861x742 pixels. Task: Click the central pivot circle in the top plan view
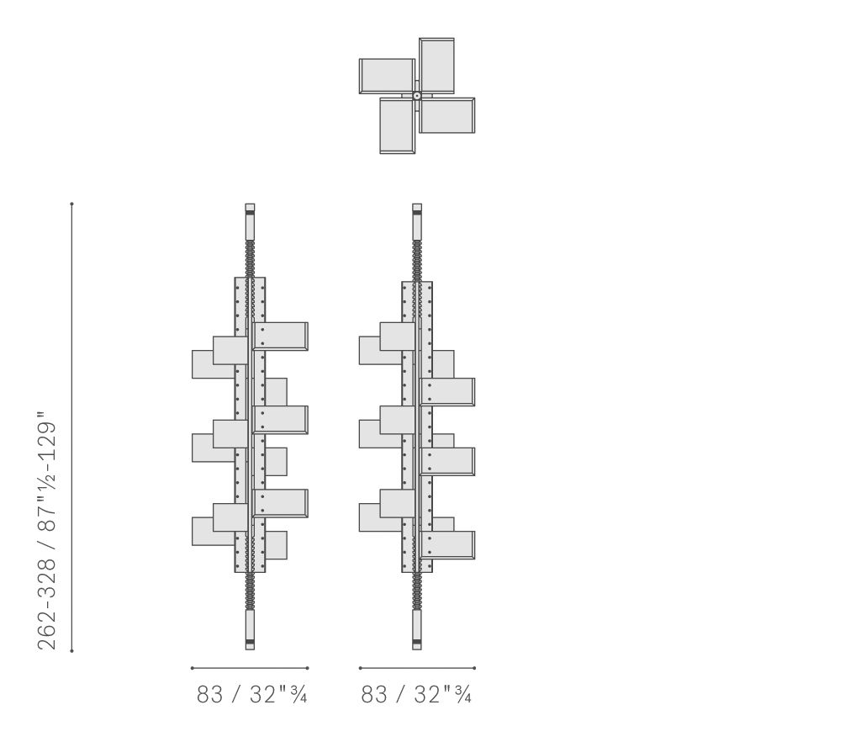click(x=417, y=96)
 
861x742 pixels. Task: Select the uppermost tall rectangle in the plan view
click(x=436, y=66)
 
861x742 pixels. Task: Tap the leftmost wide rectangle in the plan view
click(x=387, y=76)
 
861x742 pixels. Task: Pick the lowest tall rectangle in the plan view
click(x=397, y=126)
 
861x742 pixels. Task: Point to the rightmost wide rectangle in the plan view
click(x=447, y=115)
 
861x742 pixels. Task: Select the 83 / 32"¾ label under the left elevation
click(x=251, y=695)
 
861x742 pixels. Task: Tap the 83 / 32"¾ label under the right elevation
click(x=416, y=695)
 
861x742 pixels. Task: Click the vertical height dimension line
click(x=72, y=427)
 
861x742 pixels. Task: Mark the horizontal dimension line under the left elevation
click(x=250, y=669)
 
